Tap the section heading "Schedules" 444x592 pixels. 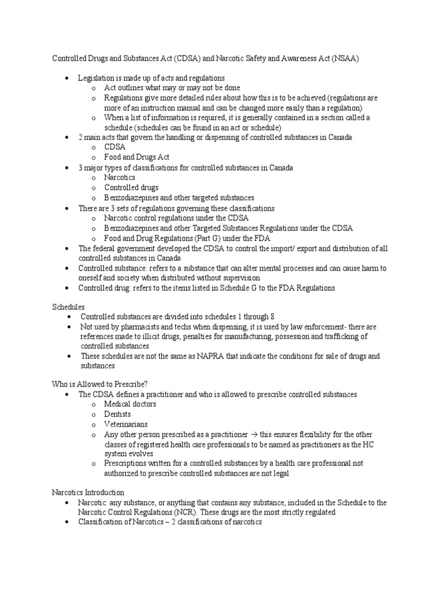click(69, 307)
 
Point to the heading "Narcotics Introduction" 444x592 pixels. click(88, 493)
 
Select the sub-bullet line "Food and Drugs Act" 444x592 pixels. click(136, 157)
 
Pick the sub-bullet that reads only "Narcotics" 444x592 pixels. click(120, 177)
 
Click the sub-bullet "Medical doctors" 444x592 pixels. click(130, 404)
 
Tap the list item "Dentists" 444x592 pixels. click(117, 414)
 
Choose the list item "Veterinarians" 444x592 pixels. click(125, 424)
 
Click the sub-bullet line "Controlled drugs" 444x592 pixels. click(131, 187)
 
